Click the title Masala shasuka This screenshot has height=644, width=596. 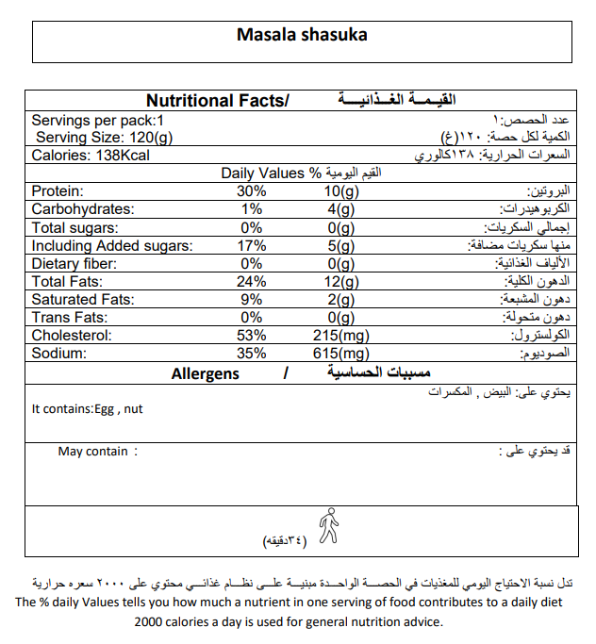click(x=301, y=36)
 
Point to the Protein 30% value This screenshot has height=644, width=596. click(x=252, y=191)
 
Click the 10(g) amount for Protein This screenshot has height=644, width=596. click(x=334, y=191)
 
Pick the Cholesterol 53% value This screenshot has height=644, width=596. click(x=252, y=336)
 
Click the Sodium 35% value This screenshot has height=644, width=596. click(x=252, y=354)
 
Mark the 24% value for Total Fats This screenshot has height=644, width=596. click(x=252, y=282)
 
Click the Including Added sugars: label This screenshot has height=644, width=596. click(x=111, y=246)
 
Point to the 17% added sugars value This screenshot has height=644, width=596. click(x=252, y=246)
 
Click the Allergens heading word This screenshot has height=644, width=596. click(x=205, y=374)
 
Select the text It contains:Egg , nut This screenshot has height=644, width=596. click(x=87, y=409)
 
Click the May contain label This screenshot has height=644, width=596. click(x=93, y=452)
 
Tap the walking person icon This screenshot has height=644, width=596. click(x=327, y=526)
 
